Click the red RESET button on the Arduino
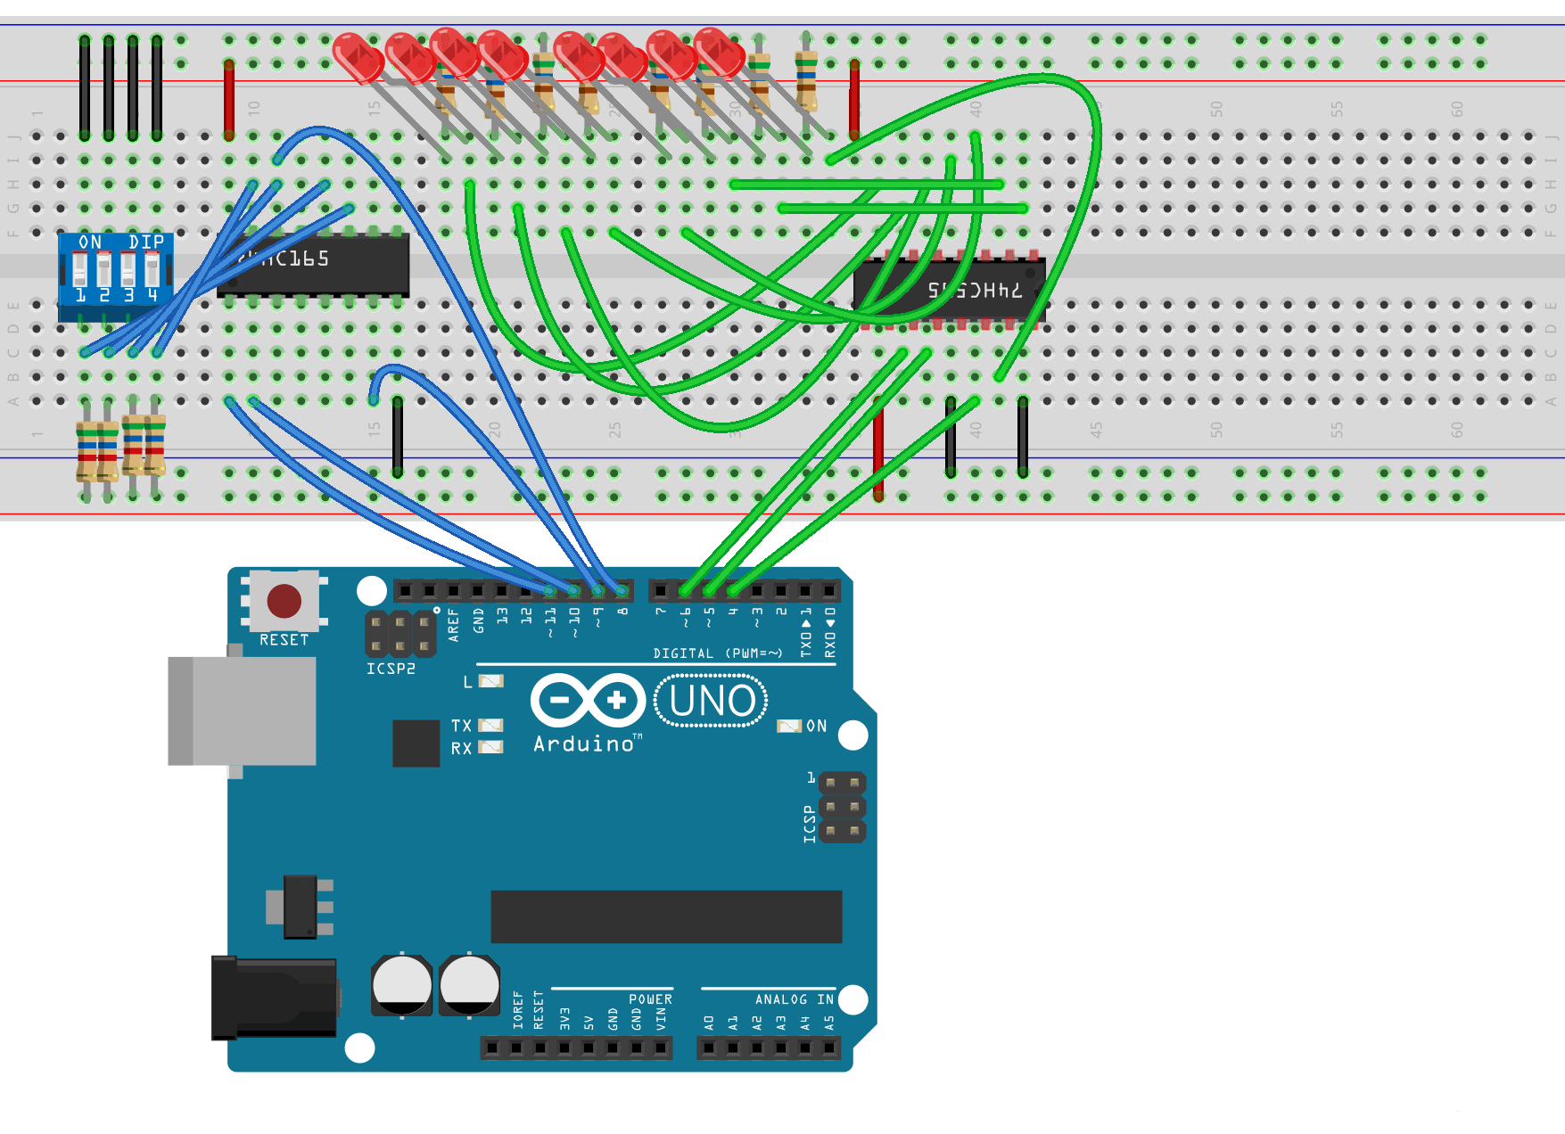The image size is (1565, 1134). [x=284, y=602]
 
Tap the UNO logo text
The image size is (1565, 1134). [x=712, y=702]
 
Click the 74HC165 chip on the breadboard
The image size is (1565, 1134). [x=313, y=265]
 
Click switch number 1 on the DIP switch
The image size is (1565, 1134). [x=80, y=268]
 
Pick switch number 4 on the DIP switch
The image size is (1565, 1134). [x=152, y=268]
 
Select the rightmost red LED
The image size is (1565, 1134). [x=719, y=52]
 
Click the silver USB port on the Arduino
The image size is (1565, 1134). [x=243, y=711]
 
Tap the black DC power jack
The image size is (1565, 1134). [x=274, y=997]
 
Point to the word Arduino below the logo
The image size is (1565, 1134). [x=583, y=744]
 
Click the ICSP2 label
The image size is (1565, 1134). [x=391, y=669]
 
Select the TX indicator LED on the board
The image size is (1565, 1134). [x=490, y=726]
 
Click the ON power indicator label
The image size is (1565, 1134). [x=816, y=727]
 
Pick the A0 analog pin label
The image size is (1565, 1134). [x=709, y=1023]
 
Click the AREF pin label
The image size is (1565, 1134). [x=453, y=625]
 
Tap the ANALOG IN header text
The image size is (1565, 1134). [x=794, y=999]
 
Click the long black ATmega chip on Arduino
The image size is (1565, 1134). [x=666, y=916]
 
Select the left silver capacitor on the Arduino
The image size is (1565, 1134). [x=401, y=985]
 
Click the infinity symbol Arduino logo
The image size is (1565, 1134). [x=588, y=701]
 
